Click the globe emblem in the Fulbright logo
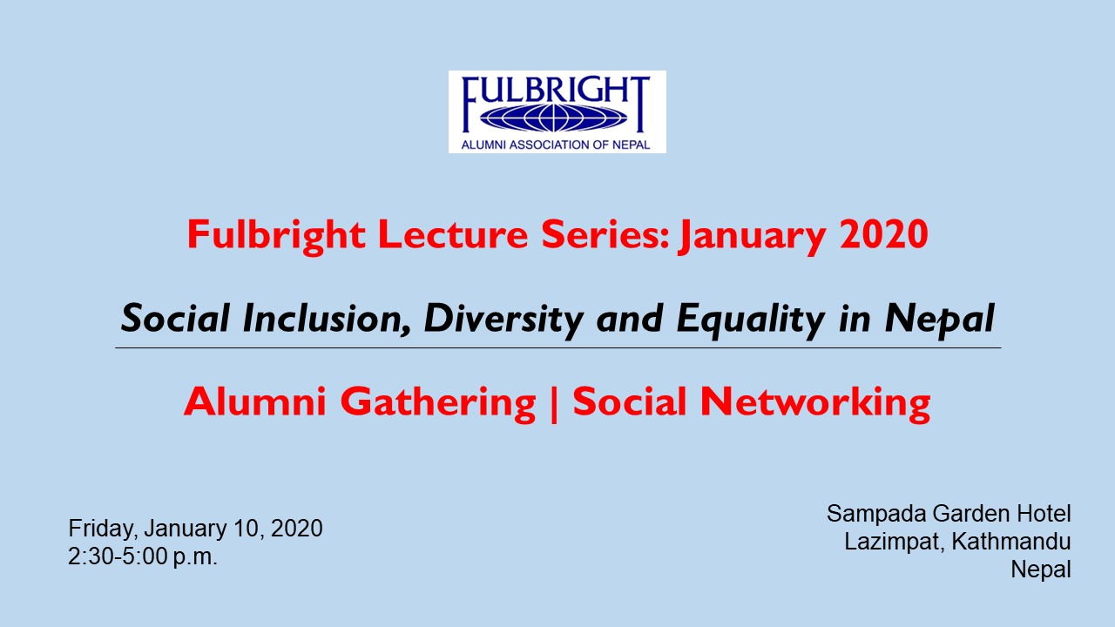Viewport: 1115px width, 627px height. pyautogui.click(x=553, y=118)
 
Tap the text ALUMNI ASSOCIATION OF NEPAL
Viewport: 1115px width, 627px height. pyautogui.click(x=556, y=145)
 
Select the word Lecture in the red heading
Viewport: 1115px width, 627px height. pyautogui.click(x=453, y=234)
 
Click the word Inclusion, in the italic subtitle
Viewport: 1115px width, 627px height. pyautogui.click(x=327, y=319)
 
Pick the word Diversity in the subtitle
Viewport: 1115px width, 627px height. pyautogui.click(x=503, y=320)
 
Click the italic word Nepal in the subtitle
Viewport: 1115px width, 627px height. pyautogui.click(x=940, y=320)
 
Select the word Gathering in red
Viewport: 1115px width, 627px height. pyautogui.click(x=438, y=402)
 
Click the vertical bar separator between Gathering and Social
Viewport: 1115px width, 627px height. pyautogui.click(x=555, y=403)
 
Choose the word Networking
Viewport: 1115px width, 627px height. pyautogui.click(x=815, y=402)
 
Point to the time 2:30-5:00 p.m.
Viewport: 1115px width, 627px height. pyautogui.click(x=143, y=556)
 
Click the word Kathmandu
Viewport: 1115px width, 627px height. pyautogui.click(x=1011, y=542)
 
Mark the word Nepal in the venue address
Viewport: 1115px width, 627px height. pyautogui.click(x=1041, y=570)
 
